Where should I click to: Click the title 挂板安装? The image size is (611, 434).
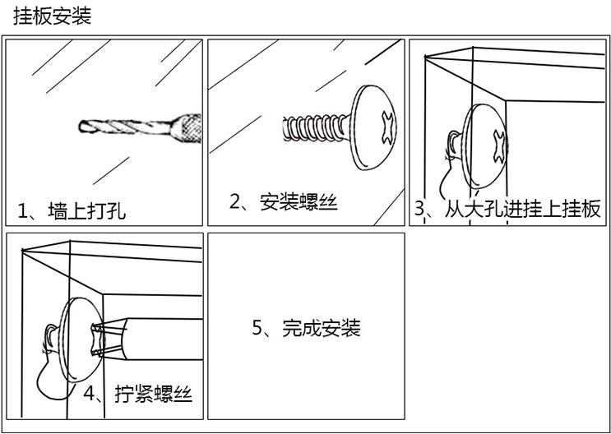tap(52, 16)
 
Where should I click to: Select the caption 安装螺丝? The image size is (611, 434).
tap(299, 202)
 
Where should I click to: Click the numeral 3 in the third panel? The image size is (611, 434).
tap(419, 209)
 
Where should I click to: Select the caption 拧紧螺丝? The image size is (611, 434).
tap(153, 392)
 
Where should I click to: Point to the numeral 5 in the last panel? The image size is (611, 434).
tap(257, 329)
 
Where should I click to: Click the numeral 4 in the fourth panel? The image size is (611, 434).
tap(90, 392)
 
